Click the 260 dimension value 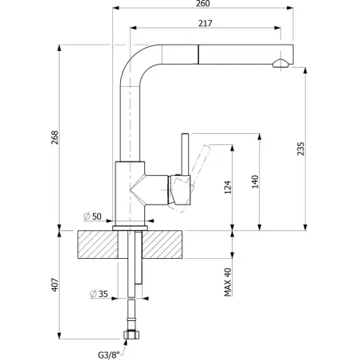coord(203,3)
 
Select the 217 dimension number coord(205,23)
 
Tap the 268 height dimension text coord(55,138)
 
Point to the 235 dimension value coord(300,149)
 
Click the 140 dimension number coord(255,182)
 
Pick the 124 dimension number coord(228,187)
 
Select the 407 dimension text coord(55,285)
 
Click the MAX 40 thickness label coord(228,282)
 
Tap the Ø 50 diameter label coord(92,217)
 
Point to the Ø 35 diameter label coord(99,294)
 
